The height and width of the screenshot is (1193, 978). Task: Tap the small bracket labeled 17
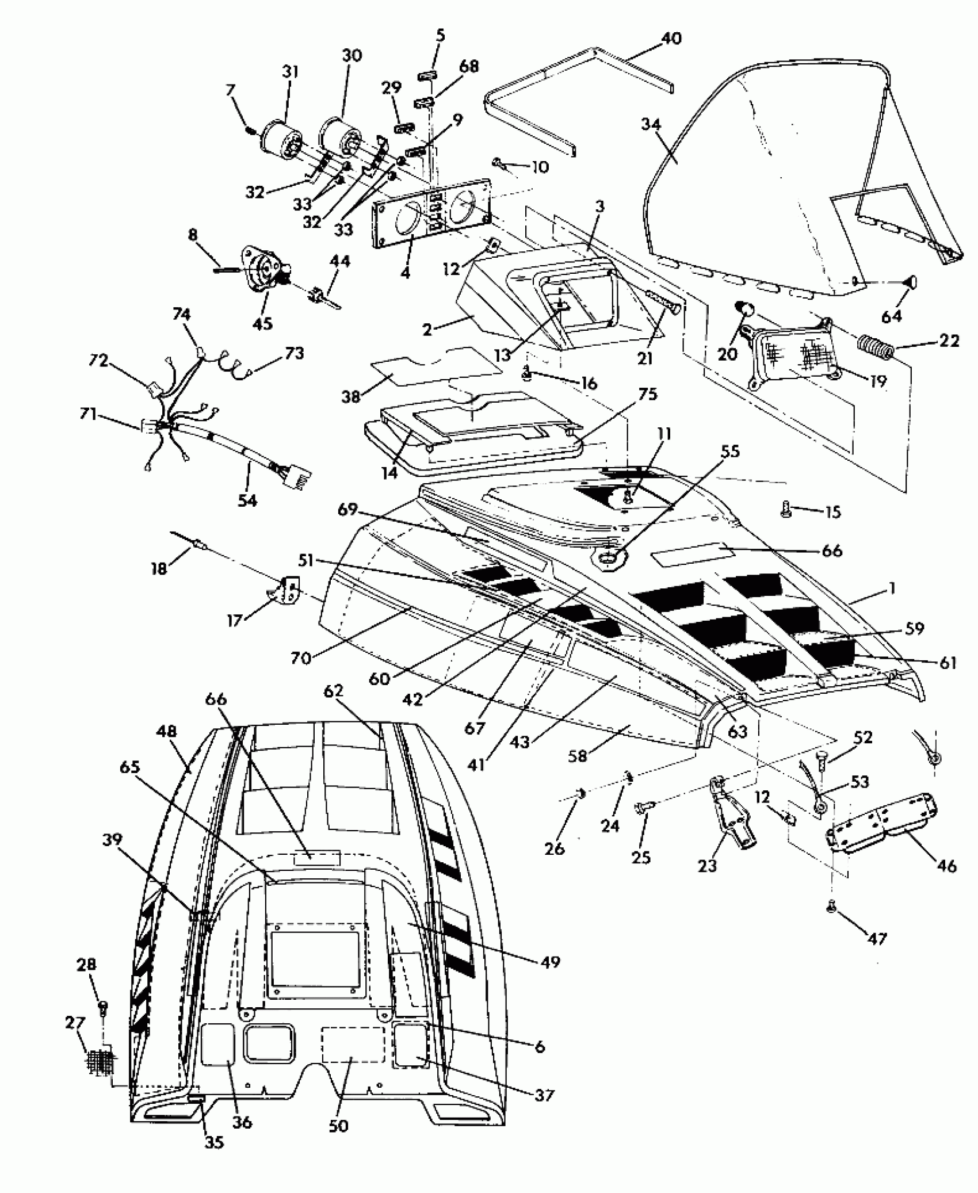click(287, 590)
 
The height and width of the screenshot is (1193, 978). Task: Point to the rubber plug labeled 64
click(909, 283)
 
